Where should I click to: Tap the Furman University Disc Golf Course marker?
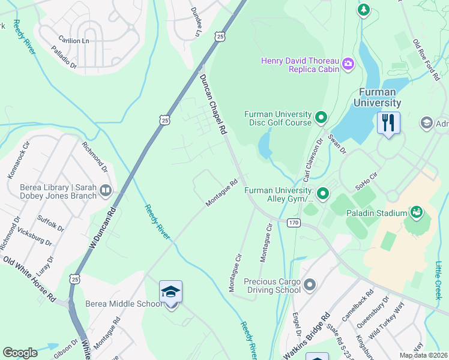pos(321,118)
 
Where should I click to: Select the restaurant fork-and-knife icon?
pos(388,124)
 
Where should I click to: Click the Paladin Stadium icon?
pos(415,212)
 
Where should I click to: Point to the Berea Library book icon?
pos(106,191)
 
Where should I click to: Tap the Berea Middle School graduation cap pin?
pos(171,293)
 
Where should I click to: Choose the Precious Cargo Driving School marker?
pos(310,284)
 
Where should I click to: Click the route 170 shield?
pos(293,223)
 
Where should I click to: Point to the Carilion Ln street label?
pos(73,40)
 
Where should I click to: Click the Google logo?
pos(20,353)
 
